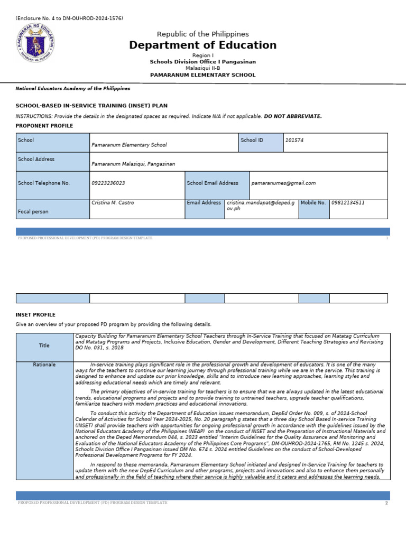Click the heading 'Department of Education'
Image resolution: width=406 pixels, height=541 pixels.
point(202,45)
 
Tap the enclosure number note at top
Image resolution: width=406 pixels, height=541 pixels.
point(69,18)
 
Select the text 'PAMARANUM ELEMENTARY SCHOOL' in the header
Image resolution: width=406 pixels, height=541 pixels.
point(202,75)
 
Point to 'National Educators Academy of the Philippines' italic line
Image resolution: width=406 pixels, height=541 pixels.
point(73,89)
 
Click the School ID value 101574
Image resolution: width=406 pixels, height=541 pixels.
point(294,141)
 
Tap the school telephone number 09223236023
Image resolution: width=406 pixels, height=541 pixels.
point(108,183)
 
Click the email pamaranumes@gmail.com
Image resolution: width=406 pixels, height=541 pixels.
point(283,183)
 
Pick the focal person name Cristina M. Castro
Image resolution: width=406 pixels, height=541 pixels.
point(113,203)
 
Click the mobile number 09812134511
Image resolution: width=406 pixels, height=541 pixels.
point(348,203)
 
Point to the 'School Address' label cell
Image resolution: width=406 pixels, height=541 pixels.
point(53,161)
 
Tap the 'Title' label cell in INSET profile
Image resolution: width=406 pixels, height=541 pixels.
point(44,346)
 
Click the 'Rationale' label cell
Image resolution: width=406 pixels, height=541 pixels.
point(44,365)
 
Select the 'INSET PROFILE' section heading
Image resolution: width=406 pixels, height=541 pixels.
point(35,315)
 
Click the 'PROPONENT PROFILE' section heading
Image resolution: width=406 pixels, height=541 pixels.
point(44,126)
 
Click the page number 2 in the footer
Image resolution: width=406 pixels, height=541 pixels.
point(386,503)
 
